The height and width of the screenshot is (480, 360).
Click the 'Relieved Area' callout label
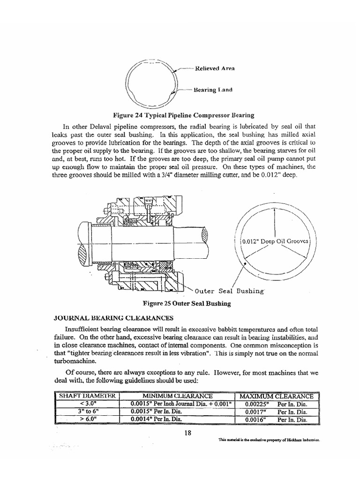tap(215, 68)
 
